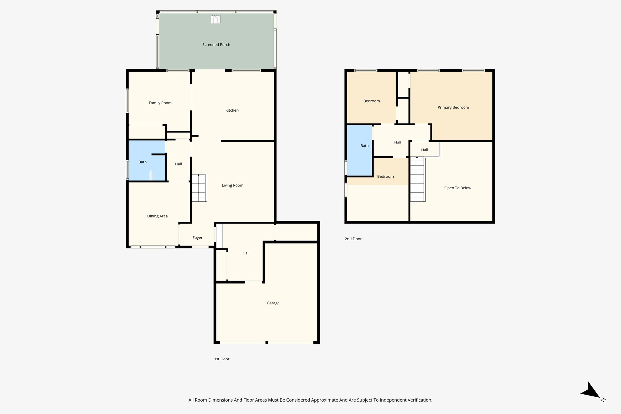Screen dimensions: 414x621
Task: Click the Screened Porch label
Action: point(216,45)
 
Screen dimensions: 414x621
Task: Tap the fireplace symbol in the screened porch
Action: point(216,19)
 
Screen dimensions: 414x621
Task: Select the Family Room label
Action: point(160,103)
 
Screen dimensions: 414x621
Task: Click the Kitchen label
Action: point(232,110)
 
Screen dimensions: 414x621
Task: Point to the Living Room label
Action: point(233,185)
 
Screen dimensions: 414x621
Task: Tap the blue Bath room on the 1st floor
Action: point(143,162)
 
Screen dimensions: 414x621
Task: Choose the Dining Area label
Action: point(157,216)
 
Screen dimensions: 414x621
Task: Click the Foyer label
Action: point(197,238)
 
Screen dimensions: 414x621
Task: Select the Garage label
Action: point(273,303)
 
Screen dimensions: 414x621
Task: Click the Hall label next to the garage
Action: point(246,253)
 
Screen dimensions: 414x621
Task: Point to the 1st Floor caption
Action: point(222,359)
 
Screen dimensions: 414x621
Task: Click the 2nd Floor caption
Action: point(353,239)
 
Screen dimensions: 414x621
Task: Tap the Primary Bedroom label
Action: point(453,107)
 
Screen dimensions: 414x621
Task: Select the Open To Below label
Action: point(458,188)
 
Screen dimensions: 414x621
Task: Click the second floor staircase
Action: point(417,180)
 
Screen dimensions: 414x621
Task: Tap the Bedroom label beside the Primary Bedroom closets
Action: point(372,101)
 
